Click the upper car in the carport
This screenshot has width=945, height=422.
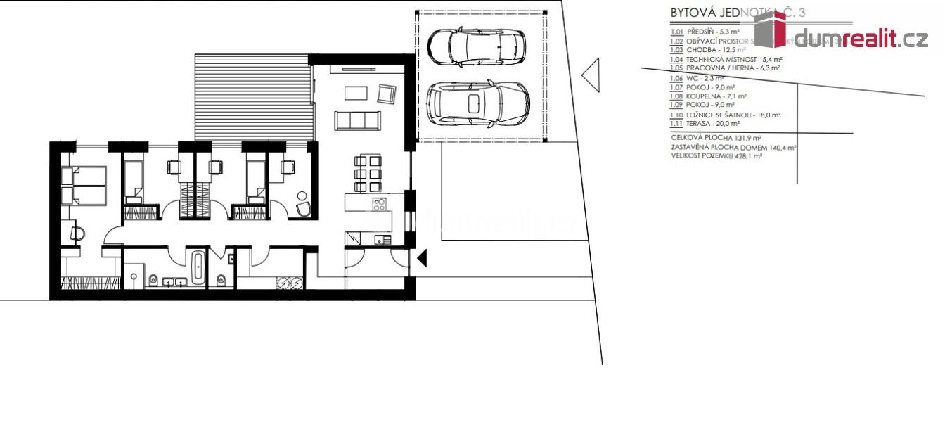(x=476, y=46)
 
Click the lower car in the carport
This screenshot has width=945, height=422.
(x=478, y=103)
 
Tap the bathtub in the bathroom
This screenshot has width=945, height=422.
(x=198, y=268)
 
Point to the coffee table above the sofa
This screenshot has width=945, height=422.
(x=356, y=93)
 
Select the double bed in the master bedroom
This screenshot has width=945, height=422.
(x=83, y=185)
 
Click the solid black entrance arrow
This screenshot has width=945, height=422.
(x=422, y=259)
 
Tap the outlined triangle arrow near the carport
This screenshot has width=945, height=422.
(x=591, y=75)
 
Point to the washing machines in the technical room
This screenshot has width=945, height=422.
(x=290, y=283)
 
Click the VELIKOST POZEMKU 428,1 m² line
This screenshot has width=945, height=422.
(x=716, y=156)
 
